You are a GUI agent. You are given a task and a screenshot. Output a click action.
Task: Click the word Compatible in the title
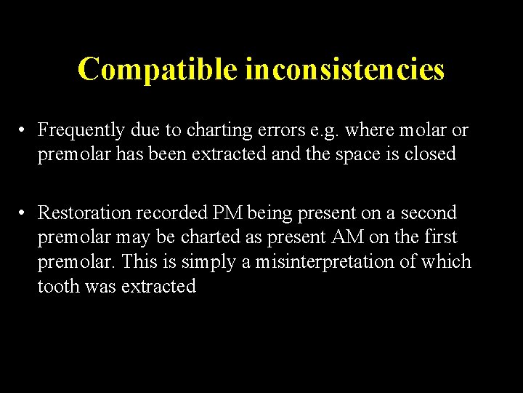coord(158,69)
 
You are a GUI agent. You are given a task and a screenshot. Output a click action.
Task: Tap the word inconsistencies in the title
coord(344,69)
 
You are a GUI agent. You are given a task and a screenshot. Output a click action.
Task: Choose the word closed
coord(431,154)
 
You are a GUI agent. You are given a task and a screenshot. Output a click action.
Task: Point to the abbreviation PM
coord(227,213)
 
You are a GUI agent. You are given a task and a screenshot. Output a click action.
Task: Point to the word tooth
coord(58,286)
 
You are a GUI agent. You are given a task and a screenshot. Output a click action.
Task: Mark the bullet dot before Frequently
coord(24,131)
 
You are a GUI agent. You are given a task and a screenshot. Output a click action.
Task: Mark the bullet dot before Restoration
coord(24,213)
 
